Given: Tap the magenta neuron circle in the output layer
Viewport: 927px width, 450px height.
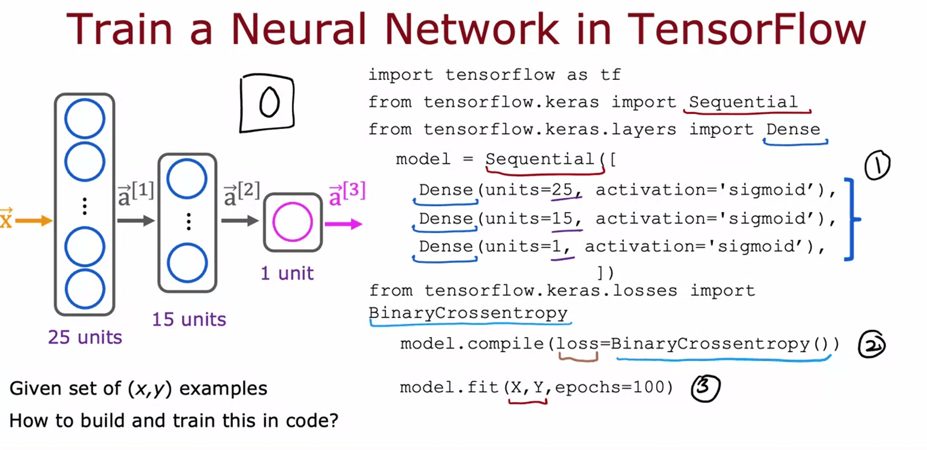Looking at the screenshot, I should coord(292,222).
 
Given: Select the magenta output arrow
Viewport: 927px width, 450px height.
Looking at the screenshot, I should coord(343,224).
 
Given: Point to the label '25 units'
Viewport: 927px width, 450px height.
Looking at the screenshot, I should coord(85,337).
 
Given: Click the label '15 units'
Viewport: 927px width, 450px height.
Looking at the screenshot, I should coord(189,320).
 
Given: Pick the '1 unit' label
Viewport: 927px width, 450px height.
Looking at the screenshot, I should coord(287,273).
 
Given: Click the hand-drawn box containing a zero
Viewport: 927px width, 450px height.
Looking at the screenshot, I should coord(267,103).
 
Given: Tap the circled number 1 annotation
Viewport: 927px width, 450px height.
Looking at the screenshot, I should coord(877,165).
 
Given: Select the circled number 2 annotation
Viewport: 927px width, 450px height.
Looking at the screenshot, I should coord(872,345).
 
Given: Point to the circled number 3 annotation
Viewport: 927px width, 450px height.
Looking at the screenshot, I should coord(705,387).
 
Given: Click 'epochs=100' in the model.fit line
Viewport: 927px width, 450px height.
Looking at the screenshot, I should coord(614,387).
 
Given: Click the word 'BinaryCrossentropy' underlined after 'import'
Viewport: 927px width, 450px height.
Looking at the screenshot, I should coord(468,313).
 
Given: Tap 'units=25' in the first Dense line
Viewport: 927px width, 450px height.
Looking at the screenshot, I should coord(528,190).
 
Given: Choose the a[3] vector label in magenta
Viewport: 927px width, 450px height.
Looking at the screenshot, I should coord(347,193).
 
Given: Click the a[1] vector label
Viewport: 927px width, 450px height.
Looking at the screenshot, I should coord(135,193).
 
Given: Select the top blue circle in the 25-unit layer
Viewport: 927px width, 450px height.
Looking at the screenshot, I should coord(85,119).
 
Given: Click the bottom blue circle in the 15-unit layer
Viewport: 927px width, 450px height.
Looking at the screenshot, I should coord(187,263).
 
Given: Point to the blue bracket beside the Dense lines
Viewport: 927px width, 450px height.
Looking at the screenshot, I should coord(851,219).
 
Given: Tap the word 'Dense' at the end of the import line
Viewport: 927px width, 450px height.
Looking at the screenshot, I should coord(793,129).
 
